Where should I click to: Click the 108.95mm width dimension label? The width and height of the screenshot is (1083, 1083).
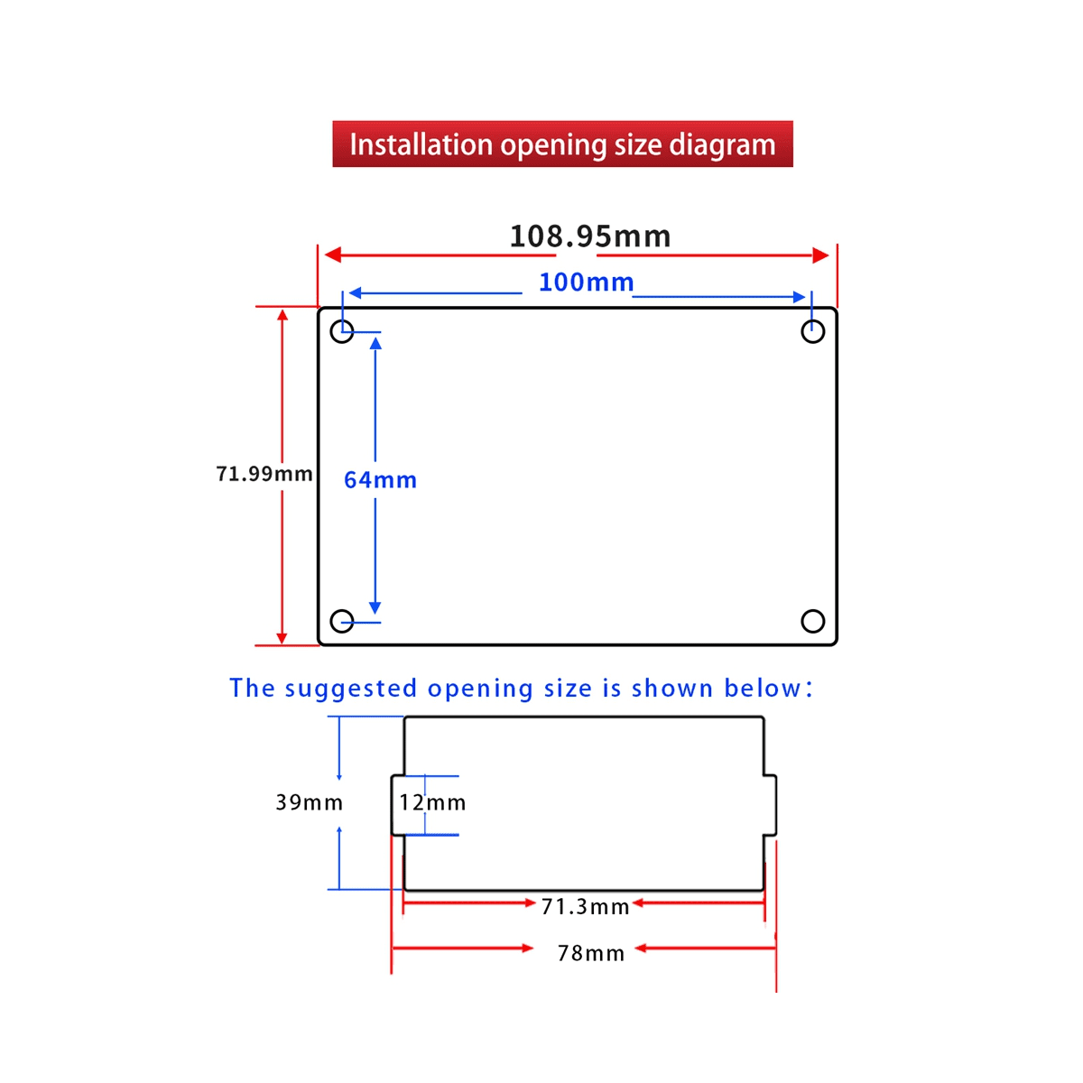(x=589, y=236)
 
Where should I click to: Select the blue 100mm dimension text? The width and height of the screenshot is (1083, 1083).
(x=586, y=282)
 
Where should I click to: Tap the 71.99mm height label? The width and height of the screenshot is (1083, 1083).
(x=264, y=474)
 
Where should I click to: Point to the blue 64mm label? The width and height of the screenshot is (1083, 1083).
(x=380, y=480)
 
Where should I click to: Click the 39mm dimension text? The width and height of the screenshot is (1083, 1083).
(x=310, y=802)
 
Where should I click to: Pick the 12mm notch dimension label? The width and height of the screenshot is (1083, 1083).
(x=432, y=802)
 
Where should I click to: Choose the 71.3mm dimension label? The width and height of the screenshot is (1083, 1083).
(x=585, y=907)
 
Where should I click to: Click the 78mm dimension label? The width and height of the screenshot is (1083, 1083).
(x=590, y=954)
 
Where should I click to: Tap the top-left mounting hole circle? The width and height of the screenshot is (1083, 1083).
(x=342, y=331)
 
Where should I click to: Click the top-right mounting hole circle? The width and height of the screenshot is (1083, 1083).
(x=812, y=331)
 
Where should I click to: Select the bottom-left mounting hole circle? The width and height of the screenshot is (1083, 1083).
(x=342, y=621)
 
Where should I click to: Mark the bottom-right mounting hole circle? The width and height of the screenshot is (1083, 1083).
(x=812, y=621)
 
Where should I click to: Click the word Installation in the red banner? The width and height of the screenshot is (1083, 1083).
(x=421, y=144)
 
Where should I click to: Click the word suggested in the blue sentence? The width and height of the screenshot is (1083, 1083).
(x=351, y=689)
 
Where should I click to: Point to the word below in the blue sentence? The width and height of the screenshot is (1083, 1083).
(x=762, y=688)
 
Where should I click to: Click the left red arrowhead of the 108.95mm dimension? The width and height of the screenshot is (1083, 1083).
(x=333, y=255)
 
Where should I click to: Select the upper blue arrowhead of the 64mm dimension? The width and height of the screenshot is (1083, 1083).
(x=375, y=342)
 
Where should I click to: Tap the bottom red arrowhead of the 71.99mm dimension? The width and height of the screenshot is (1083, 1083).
(x=282, y=638)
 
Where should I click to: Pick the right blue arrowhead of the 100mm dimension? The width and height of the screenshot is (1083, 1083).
(x=799, y=297)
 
